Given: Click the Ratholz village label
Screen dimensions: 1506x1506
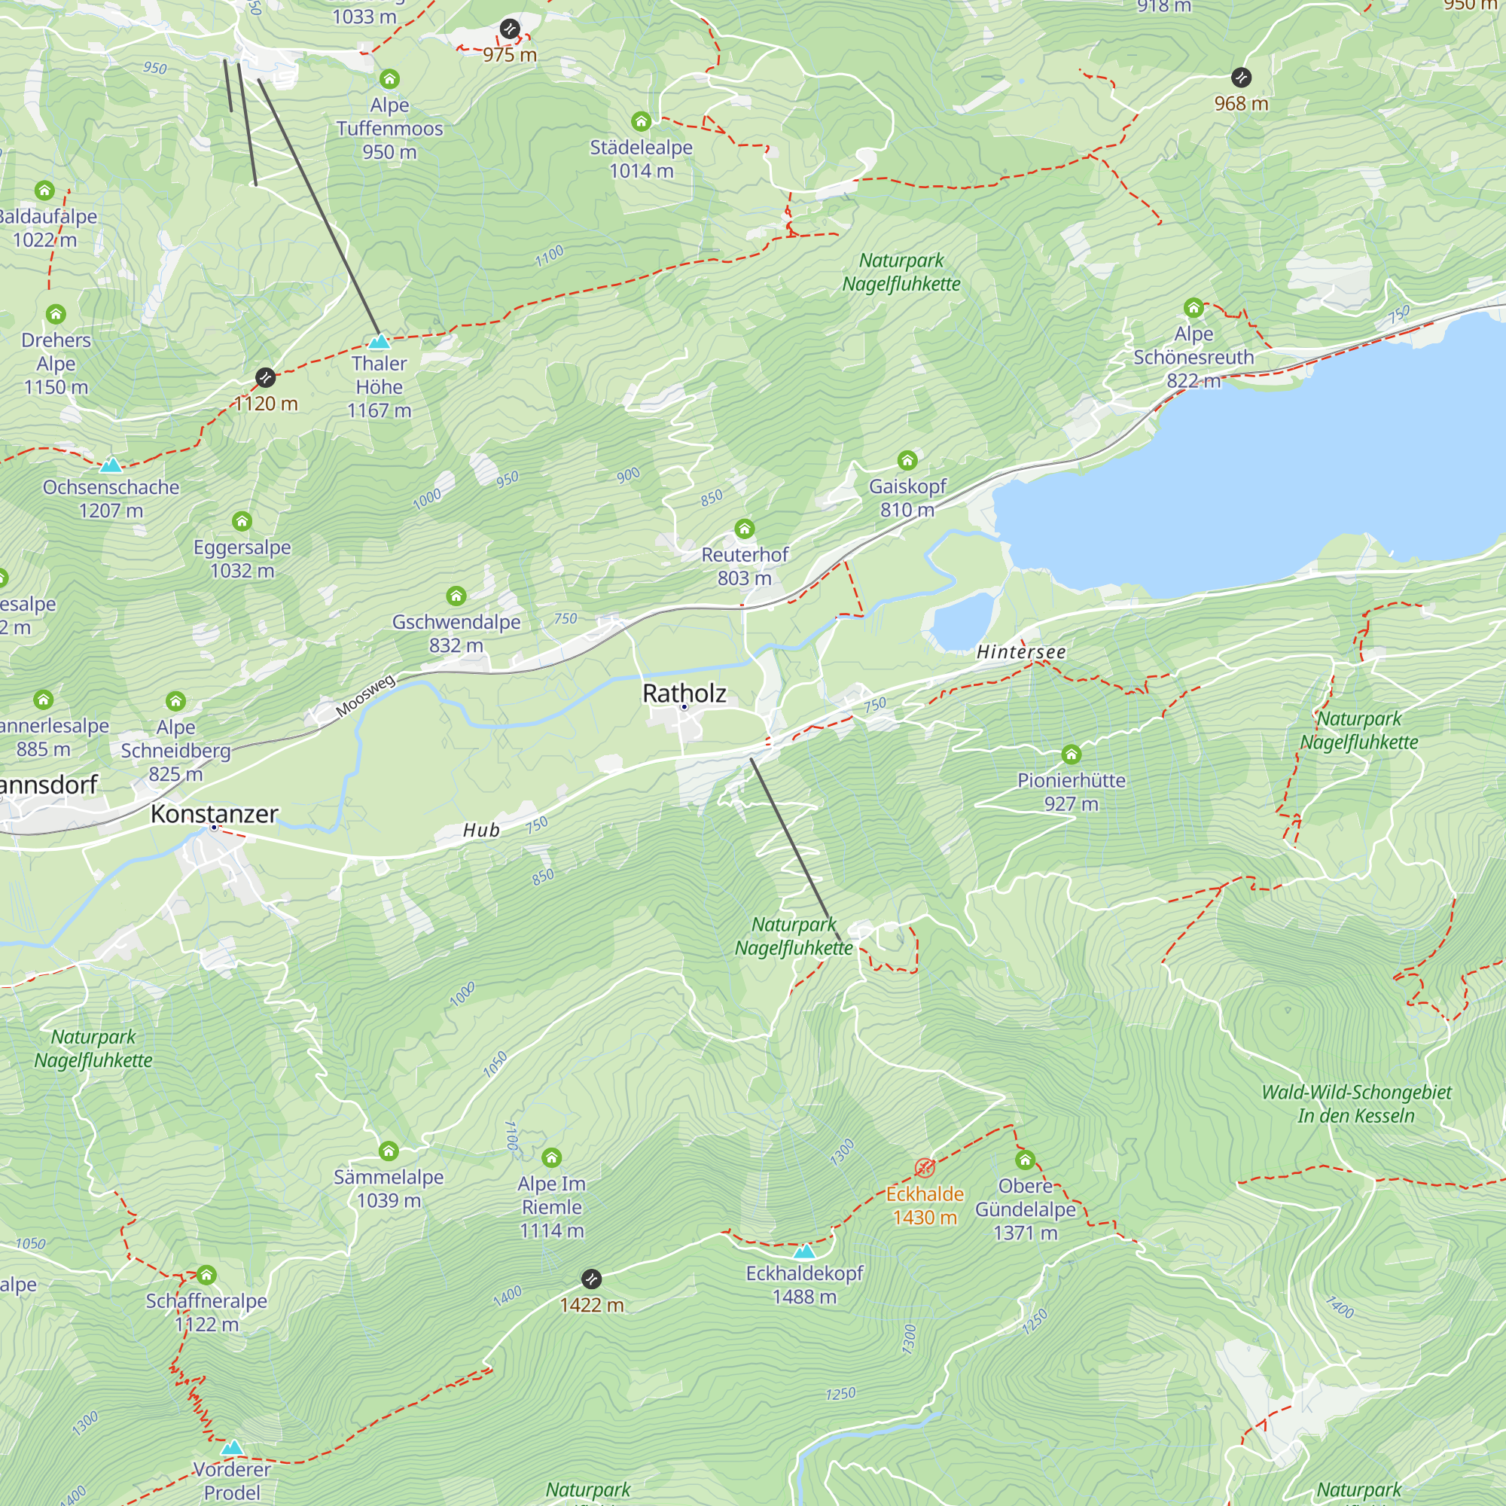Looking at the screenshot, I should click(684, 693).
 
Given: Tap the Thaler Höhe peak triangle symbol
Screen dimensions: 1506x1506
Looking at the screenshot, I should click(379, 341).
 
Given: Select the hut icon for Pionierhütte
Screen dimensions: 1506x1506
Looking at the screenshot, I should click(1071, 754).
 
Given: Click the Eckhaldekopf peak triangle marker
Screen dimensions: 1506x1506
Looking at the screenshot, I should click(803, 1252).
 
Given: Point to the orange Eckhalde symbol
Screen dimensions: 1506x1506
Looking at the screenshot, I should click(925, 1167).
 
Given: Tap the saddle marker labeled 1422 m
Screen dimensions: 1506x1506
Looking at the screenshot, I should click(592, 1279).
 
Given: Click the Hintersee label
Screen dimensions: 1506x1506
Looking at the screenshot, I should click(1020, 651).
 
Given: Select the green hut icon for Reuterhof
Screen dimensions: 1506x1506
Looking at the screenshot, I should click(745, 529).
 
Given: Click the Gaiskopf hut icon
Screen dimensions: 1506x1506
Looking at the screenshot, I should click(907, 460).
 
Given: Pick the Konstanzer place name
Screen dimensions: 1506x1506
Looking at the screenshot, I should click(215, 814).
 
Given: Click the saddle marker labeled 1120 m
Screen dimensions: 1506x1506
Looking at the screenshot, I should click(265, 378).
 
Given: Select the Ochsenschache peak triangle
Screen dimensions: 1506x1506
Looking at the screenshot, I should click(111, 465).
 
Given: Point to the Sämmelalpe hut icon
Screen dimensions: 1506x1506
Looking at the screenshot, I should click(389, 1151).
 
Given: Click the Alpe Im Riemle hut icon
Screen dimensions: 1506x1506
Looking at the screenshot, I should click(551, 1157).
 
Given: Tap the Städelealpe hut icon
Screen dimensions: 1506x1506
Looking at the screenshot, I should click(641, 121).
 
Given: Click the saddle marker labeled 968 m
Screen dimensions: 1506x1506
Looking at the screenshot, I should click(1241, 77).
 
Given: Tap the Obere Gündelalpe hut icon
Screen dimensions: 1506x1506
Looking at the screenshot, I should click(1025, 1160).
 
